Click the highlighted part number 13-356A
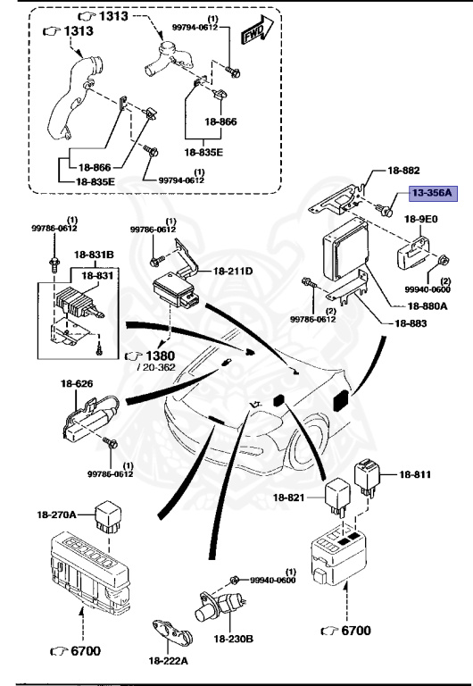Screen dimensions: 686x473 (432, 192)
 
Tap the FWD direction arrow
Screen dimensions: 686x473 (256, 33)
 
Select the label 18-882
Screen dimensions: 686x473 (404, 169)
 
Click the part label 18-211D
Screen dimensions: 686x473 (234, 271)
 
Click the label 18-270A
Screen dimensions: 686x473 (56, 514)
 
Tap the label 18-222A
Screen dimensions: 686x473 (169, 660)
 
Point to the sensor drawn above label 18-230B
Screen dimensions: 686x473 (215, 608)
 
